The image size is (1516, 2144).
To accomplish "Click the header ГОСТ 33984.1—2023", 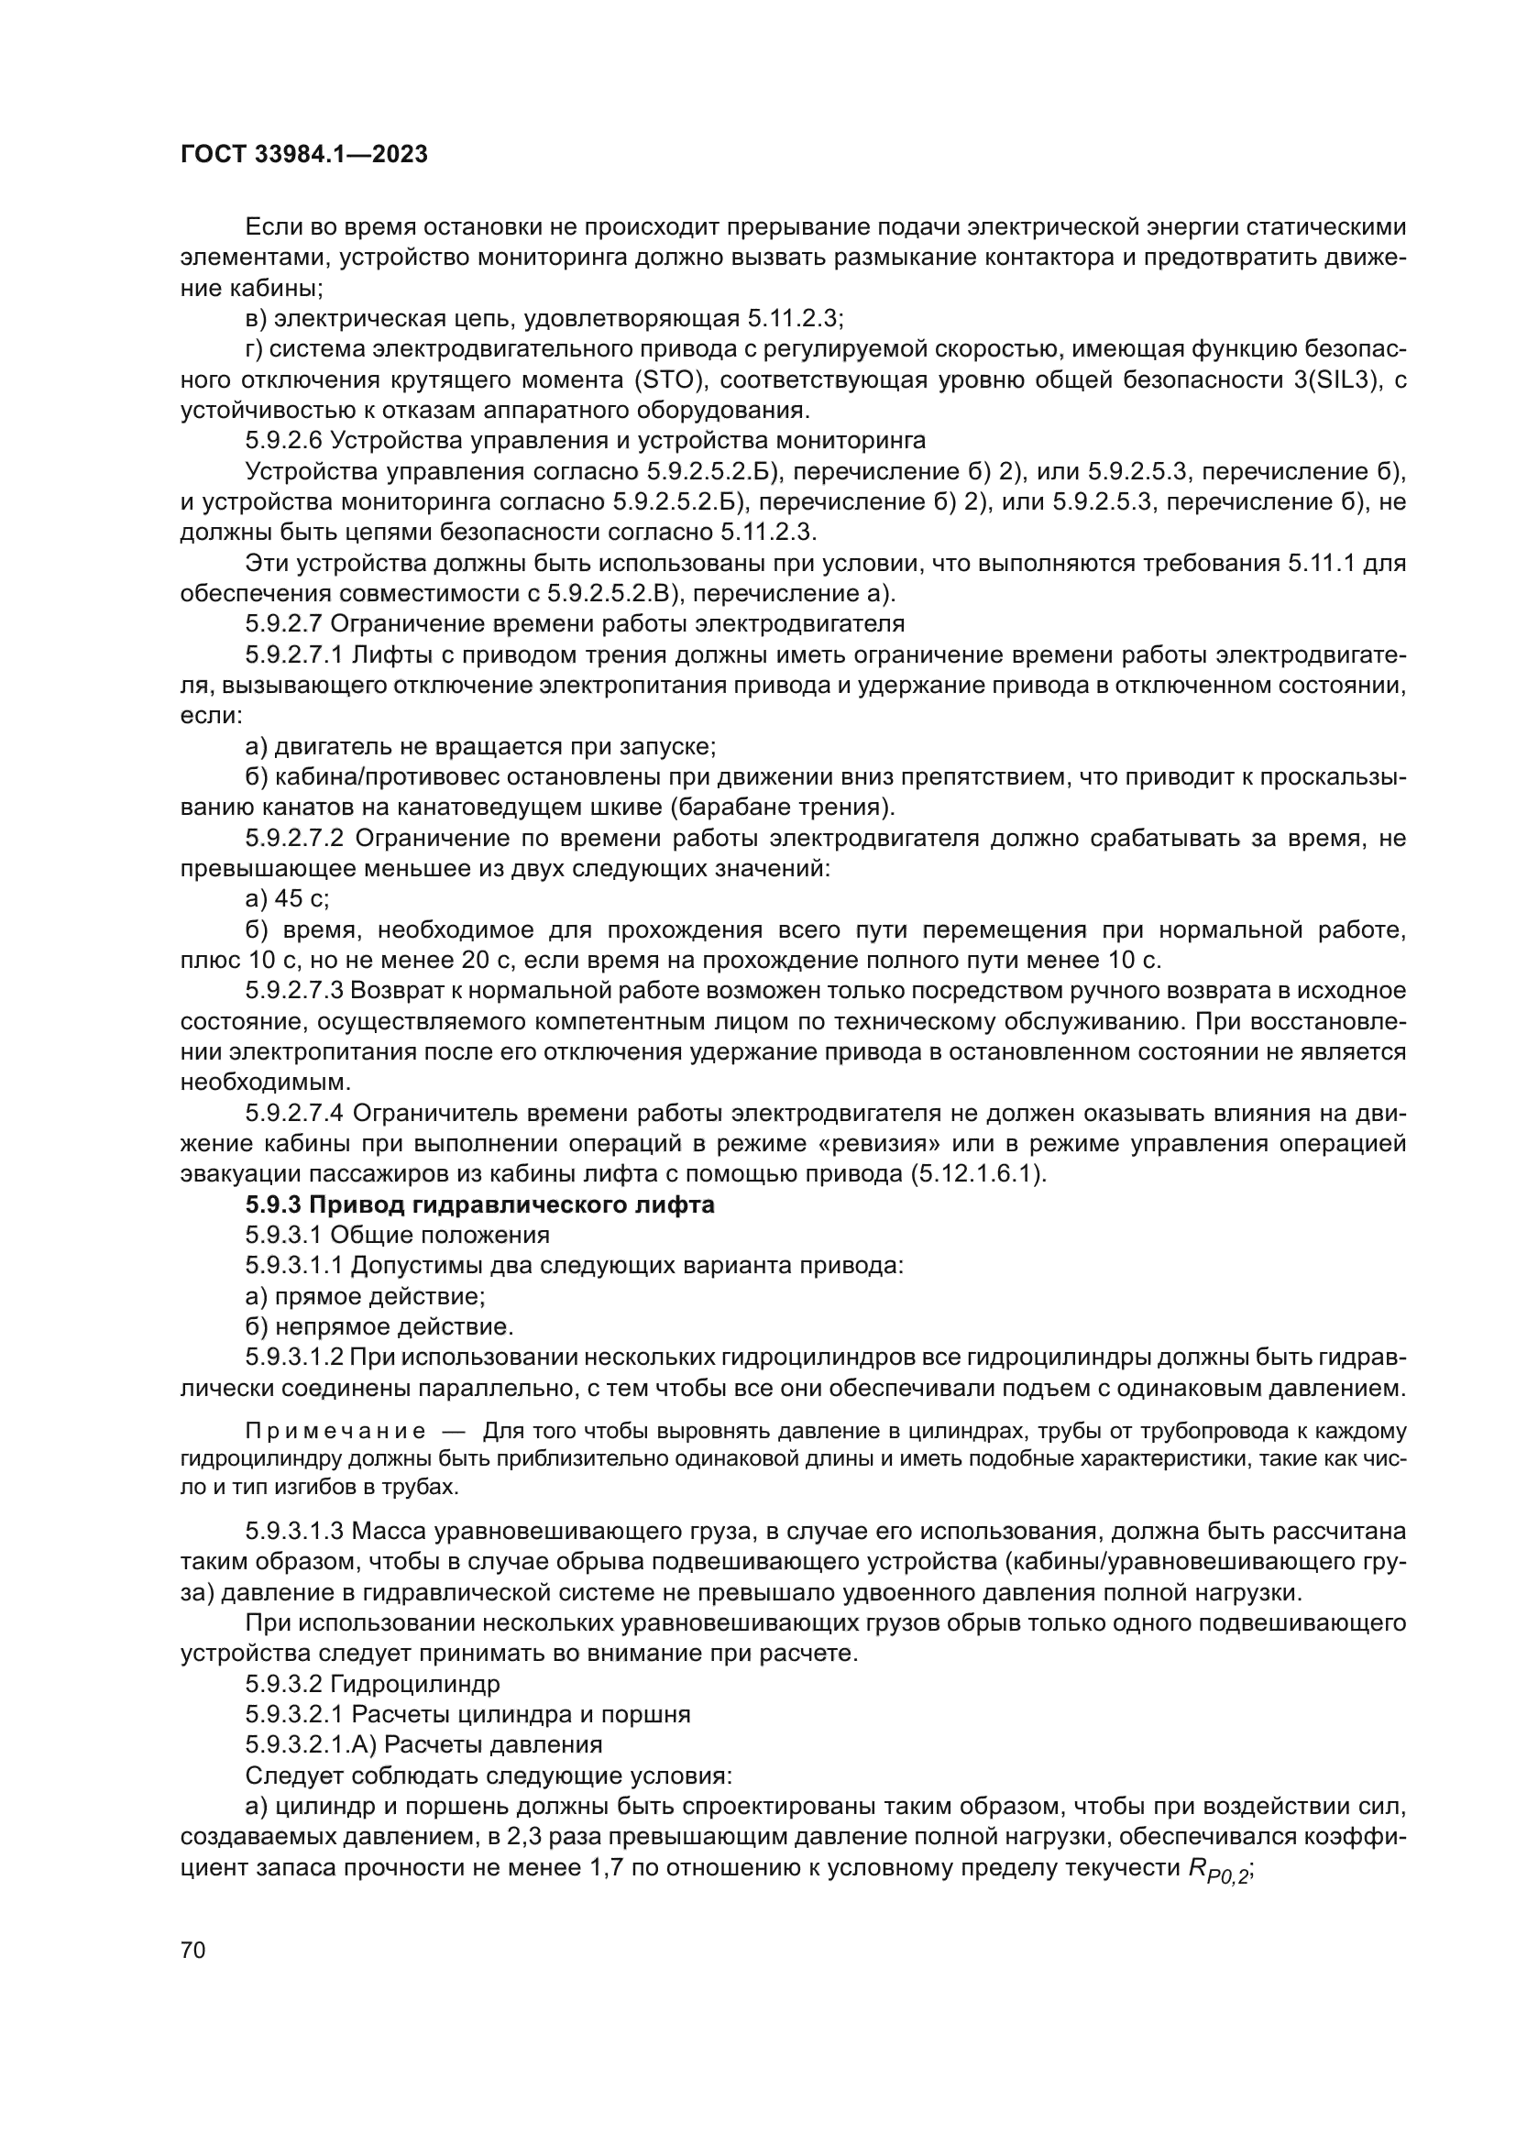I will point(303,155).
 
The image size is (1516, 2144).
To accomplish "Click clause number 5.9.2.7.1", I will point(294,654).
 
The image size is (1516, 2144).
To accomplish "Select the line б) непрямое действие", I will point(379,1326).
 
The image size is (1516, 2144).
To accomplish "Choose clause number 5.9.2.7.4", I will point(295,1113).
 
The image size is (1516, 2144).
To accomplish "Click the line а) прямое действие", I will point(365,1296).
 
